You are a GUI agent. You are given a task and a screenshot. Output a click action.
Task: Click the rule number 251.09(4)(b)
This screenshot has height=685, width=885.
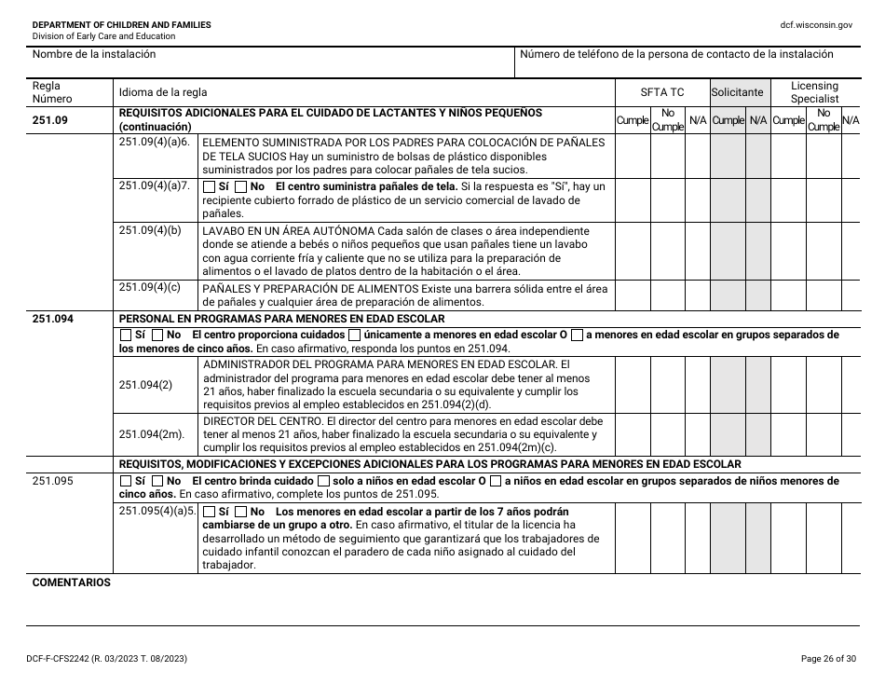[x=149, y=230]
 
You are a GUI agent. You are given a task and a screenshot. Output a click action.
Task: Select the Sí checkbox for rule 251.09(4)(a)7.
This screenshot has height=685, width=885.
[x=209, y=186]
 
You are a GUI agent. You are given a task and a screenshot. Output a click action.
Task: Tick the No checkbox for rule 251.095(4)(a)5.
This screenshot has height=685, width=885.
[x=241, y=513]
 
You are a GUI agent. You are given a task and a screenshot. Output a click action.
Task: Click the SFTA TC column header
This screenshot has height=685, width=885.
[x=661, y=92]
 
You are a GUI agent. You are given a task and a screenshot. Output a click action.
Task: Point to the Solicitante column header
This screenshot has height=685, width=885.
[x=737, y=92]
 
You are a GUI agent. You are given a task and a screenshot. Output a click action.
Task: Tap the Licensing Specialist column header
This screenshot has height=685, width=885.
[x=814, y=92]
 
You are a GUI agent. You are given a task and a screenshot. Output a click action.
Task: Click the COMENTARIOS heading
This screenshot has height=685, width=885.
[x=72, y=582]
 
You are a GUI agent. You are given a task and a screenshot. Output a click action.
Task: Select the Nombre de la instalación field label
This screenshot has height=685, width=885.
[x=94, y=55]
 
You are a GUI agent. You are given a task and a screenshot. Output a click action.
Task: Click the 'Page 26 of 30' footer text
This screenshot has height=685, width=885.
[x=827, y=659]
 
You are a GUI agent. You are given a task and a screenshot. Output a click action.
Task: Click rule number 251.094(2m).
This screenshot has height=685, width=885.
[x=153, y=434]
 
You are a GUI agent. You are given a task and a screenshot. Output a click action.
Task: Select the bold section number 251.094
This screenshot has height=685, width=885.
[x=53, y=318]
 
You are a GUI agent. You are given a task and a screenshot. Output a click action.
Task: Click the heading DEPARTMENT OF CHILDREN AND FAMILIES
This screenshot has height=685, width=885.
[x=121, y=25]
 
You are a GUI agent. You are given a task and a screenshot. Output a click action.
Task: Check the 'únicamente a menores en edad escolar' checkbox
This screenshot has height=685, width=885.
[x=355, y=335]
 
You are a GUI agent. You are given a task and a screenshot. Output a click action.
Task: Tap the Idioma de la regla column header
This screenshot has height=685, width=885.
[x=163, y=92]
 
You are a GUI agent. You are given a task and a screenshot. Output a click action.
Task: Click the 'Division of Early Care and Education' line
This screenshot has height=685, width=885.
[x=103, y=36]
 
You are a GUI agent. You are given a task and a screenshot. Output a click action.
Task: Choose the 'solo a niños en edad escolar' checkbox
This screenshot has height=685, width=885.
[x=324, y=481]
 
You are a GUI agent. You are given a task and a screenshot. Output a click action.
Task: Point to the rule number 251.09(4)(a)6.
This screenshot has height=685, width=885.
[x=155, y=142]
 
